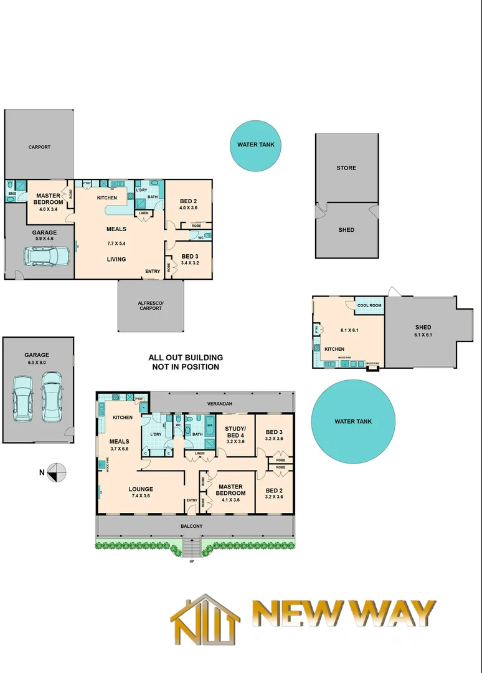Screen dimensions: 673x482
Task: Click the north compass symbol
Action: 57,472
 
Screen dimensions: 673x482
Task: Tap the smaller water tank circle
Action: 255,145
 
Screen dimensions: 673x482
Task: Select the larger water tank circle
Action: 353,421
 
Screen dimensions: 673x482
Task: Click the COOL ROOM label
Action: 368,305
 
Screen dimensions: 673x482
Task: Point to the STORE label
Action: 346,168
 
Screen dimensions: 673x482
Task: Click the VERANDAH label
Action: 220,404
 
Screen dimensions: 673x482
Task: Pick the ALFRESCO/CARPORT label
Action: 150,306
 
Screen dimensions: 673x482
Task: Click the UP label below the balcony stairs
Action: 191,561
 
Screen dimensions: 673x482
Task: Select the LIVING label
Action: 116,259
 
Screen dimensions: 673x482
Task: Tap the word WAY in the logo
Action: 394,614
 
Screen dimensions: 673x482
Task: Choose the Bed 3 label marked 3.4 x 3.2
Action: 191,259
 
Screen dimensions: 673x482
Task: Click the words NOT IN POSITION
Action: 186,367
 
